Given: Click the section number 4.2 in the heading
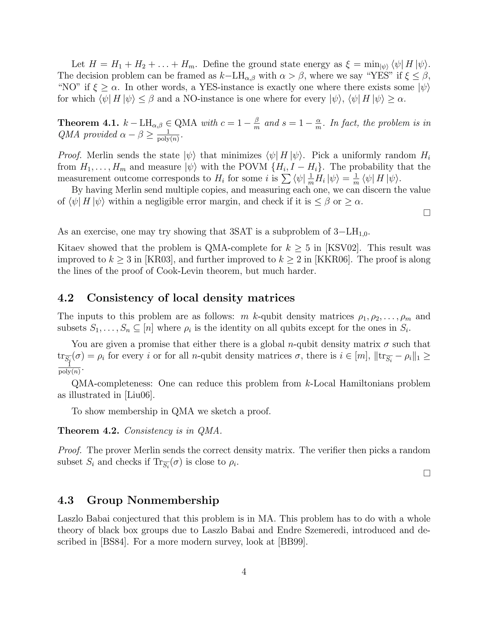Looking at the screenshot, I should pos(66,298).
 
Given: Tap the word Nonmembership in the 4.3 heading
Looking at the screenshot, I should pos(173,500).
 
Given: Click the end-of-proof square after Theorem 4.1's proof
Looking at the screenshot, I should pos(427,213).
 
